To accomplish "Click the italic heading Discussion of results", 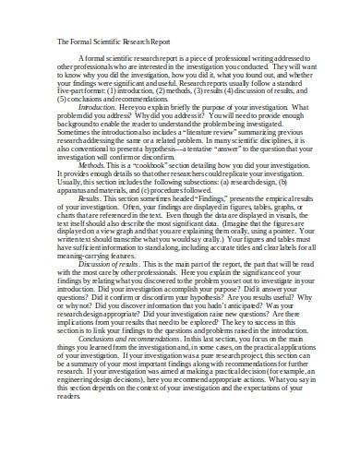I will (x=115, y=290).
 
